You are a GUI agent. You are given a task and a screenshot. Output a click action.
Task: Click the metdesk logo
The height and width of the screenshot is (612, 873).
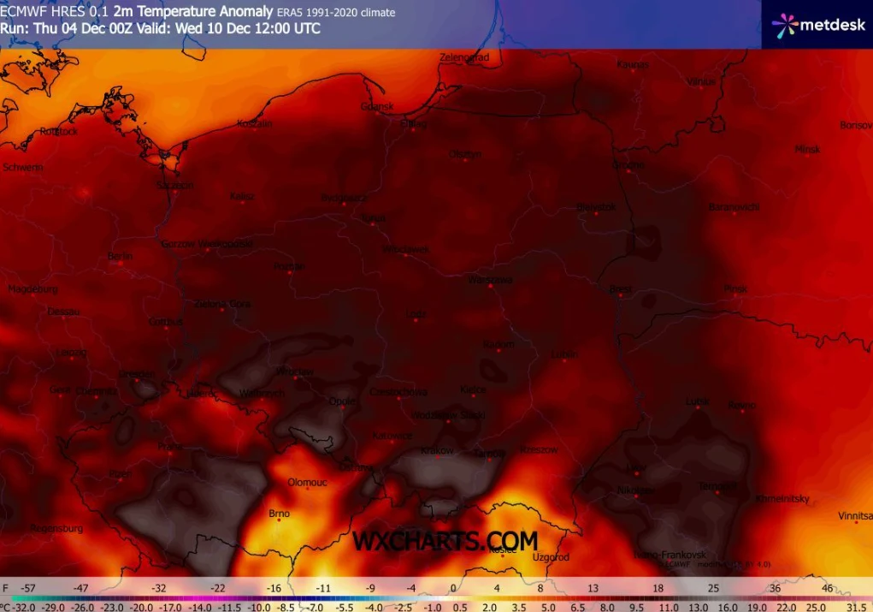coord(817,25)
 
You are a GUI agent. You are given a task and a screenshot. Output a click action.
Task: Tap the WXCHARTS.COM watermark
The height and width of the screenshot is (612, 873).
coord(445,541)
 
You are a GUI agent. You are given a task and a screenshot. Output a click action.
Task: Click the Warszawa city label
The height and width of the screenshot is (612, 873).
coord(491,279)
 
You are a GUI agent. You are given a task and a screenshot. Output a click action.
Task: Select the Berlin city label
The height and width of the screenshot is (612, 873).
coord(120,256)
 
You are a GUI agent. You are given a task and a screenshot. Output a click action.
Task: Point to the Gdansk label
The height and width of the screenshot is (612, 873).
coord(377,107)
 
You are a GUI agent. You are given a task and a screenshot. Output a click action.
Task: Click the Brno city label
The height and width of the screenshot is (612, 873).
coord(280,514)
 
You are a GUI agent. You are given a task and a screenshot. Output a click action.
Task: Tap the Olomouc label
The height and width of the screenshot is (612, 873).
coord(307,482)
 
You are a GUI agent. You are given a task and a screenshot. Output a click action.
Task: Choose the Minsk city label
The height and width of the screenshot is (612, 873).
coord(807,149)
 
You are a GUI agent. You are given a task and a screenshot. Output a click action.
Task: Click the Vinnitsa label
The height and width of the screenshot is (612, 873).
coord(855,516)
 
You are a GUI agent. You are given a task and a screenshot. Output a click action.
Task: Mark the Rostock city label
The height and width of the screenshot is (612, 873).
coord(59,131)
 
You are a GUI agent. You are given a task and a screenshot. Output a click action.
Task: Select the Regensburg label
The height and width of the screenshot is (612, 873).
coord(56,528)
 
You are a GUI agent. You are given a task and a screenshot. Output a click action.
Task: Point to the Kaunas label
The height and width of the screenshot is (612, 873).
coord(633,64)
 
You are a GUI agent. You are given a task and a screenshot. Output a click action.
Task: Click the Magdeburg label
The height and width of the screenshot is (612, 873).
coord(32,289)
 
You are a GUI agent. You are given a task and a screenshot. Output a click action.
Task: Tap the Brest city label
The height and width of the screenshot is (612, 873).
coord(620,289)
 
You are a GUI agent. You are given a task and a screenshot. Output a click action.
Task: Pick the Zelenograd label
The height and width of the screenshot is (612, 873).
coord(464,57)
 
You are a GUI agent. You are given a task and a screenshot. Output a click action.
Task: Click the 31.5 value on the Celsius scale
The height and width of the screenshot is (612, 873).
coord(855,607)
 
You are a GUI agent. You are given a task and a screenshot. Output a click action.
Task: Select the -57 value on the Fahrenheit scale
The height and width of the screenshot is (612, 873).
coord(28,589)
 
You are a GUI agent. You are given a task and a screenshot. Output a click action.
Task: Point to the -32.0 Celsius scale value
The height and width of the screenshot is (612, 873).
coord(21,607)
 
